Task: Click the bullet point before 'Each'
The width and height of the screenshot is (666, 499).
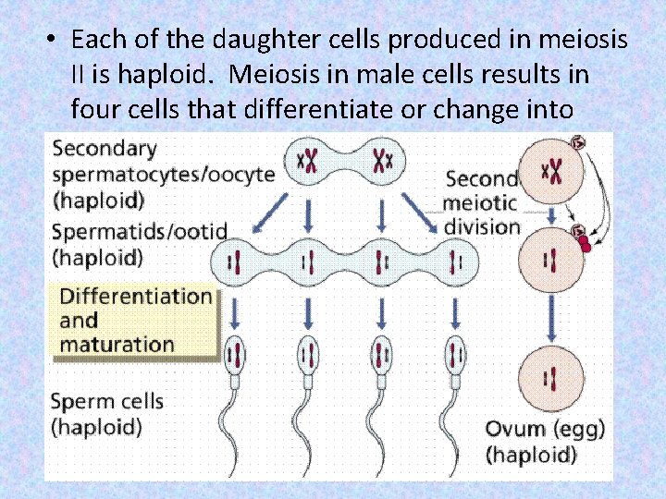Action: [x=53, y=42]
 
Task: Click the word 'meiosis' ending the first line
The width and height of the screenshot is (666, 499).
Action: [x=586, y=40]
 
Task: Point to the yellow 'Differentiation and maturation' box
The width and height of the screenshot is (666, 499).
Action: [x=135, y=320]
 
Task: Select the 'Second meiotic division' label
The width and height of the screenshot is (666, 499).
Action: [x=481, y=202]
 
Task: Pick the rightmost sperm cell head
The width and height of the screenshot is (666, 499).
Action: [x=455, y=355]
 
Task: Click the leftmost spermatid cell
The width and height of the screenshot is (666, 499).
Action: [x=235, y=262]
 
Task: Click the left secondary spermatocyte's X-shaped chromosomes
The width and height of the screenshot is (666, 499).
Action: [x=307, y=162]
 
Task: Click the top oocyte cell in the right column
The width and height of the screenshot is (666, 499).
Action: [x=552, y=169]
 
